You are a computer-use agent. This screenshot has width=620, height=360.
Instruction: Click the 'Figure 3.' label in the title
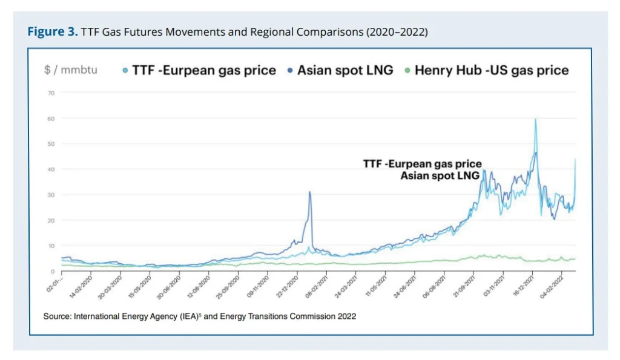pyautogui.click(x=51, y=31)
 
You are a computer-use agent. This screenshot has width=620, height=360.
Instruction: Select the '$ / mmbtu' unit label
pyautogui.click(x=70, y=70)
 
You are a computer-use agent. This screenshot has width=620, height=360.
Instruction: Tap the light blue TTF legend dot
pyautogui.click(x=125, y=70)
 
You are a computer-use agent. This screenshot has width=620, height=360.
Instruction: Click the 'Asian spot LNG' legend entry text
pyautogui.click(x=345, y=70)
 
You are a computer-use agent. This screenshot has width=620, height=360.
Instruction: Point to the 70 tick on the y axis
pyautogui.click(x=51, y=93)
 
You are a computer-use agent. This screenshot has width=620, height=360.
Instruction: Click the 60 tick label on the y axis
pyautogui.click(x=51, y=119)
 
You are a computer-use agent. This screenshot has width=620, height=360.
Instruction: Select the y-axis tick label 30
pyautogui.click(x=51, y=195)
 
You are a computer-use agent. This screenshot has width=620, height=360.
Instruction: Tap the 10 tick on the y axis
pyautogui.click(x=51, y=246)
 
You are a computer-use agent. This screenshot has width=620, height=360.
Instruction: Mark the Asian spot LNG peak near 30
pyautogui.click(x=310, y=192)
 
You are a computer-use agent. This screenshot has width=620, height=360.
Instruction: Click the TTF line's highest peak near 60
pyautogui.click(x=535, y=119)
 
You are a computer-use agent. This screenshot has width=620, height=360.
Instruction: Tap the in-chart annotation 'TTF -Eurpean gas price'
pyautogui.click(x=422, y=164)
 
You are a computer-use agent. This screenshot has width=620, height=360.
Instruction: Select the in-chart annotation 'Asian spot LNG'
pyautogui.click(x=440, y=175)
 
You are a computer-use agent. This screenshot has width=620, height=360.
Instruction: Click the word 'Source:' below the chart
pyautogui.click(x=57, y=316)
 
